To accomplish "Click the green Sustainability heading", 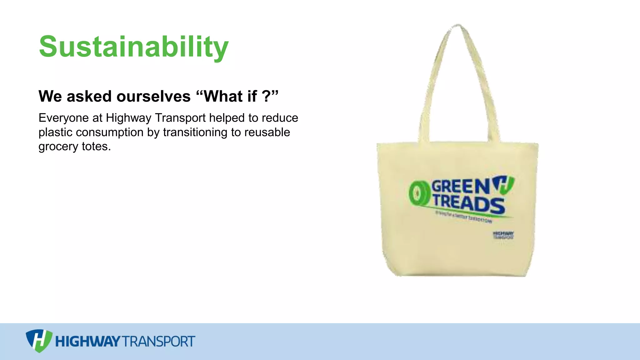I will [x=134, y=47].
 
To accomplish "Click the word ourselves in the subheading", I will [x=153, y=96].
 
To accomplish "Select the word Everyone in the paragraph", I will [x=63, y=118].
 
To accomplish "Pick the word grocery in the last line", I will [x=58, y=147].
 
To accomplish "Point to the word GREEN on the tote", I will [x=460, y=187].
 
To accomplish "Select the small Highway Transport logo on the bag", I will [x=503, y=235].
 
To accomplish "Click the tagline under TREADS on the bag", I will [x=463, y=217].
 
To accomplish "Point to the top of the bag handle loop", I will [x=458, y=26].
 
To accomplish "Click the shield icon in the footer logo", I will [x=39, y=341].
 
